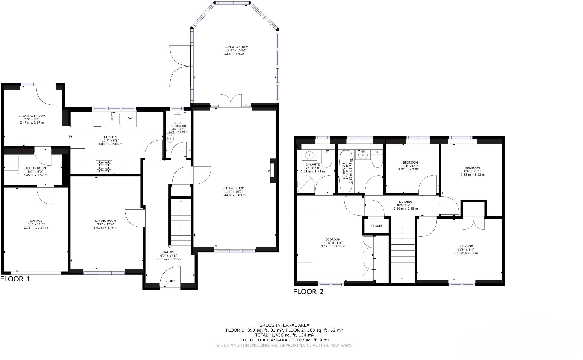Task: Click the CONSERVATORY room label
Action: click(x=236, y=47)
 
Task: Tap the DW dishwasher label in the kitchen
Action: click(x=130, y=119)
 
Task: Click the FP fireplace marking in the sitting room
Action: click(x=268, y=171)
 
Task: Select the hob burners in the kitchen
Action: click(x=104, y=167)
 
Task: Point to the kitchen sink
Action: click(x=112, y=119)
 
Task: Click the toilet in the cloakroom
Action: click(x=177, y=119)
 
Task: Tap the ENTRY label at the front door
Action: click(x=170, y=281)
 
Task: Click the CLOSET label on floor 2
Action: click(x=377, y=226)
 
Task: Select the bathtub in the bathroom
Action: click(x=346, y=171)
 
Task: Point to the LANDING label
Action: click(x=405, y=202)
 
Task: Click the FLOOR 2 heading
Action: click(x=308, y=292)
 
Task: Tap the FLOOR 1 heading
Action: click(x=15, y=279)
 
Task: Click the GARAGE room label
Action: click(x=36, y=221)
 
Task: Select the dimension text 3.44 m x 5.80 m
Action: click(x=233, y=195)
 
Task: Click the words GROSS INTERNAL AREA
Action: click(x=284, y=325)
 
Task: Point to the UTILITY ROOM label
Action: click(x=35, y=168)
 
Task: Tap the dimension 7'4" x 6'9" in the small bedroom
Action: click(x=410, y=166)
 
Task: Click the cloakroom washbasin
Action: click(x=171, y=139)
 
